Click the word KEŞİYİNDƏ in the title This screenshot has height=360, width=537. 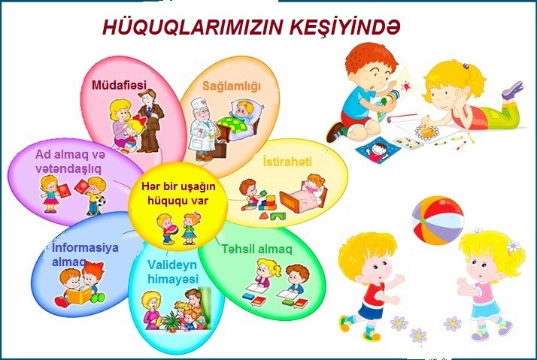(x=345, y=27)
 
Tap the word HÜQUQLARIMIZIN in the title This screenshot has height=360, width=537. (x=193, y=28)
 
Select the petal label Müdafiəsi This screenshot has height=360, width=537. (x=119, y=85)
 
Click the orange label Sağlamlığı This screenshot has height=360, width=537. (x=232, y=86)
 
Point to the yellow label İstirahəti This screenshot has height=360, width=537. (x=287, y=161)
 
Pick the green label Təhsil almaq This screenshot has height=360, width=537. (x=256, y=249)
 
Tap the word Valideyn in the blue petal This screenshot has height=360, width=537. (x=172, y=265)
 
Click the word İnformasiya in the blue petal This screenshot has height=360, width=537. (x=85, y=247)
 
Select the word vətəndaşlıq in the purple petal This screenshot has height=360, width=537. (x=68, y=168)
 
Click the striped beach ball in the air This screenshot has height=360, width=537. (x=437, y=220)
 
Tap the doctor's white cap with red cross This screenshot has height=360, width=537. (x=199, y=103)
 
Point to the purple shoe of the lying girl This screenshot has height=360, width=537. (x=513, y=89)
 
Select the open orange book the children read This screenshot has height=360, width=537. (x=79, y=295)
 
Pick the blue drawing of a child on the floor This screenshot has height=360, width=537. (x=378, y=150)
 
